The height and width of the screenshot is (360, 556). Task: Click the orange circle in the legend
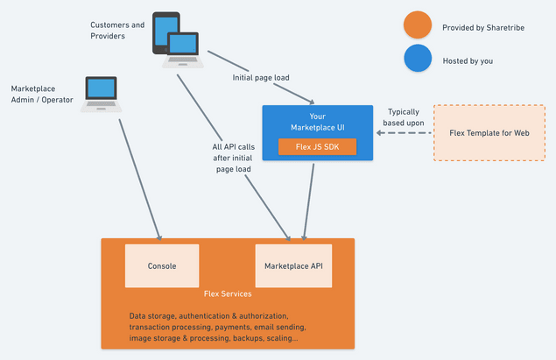pyautogui.click(x=416, y=26)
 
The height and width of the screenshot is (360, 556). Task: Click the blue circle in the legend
pyautogui.click(x=416, y=60)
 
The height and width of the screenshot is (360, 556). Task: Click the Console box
pyautogui.click(x=162, y=265)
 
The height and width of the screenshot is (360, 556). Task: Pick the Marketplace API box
pyautogui.click(x=293, y=265)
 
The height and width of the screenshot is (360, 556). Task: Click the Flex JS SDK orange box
pyautogui.click(x=317, y=146)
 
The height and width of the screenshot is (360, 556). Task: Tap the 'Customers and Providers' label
pyautogui.click(x=117, y=31)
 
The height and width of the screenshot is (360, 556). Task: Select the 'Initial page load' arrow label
pyautogui.click(x=261, y=77)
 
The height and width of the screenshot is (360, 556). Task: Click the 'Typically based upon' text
pyautogui.click(x=405, y=117)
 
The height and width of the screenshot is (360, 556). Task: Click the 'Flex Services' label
pyautogui.click(x=228, y=294)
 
